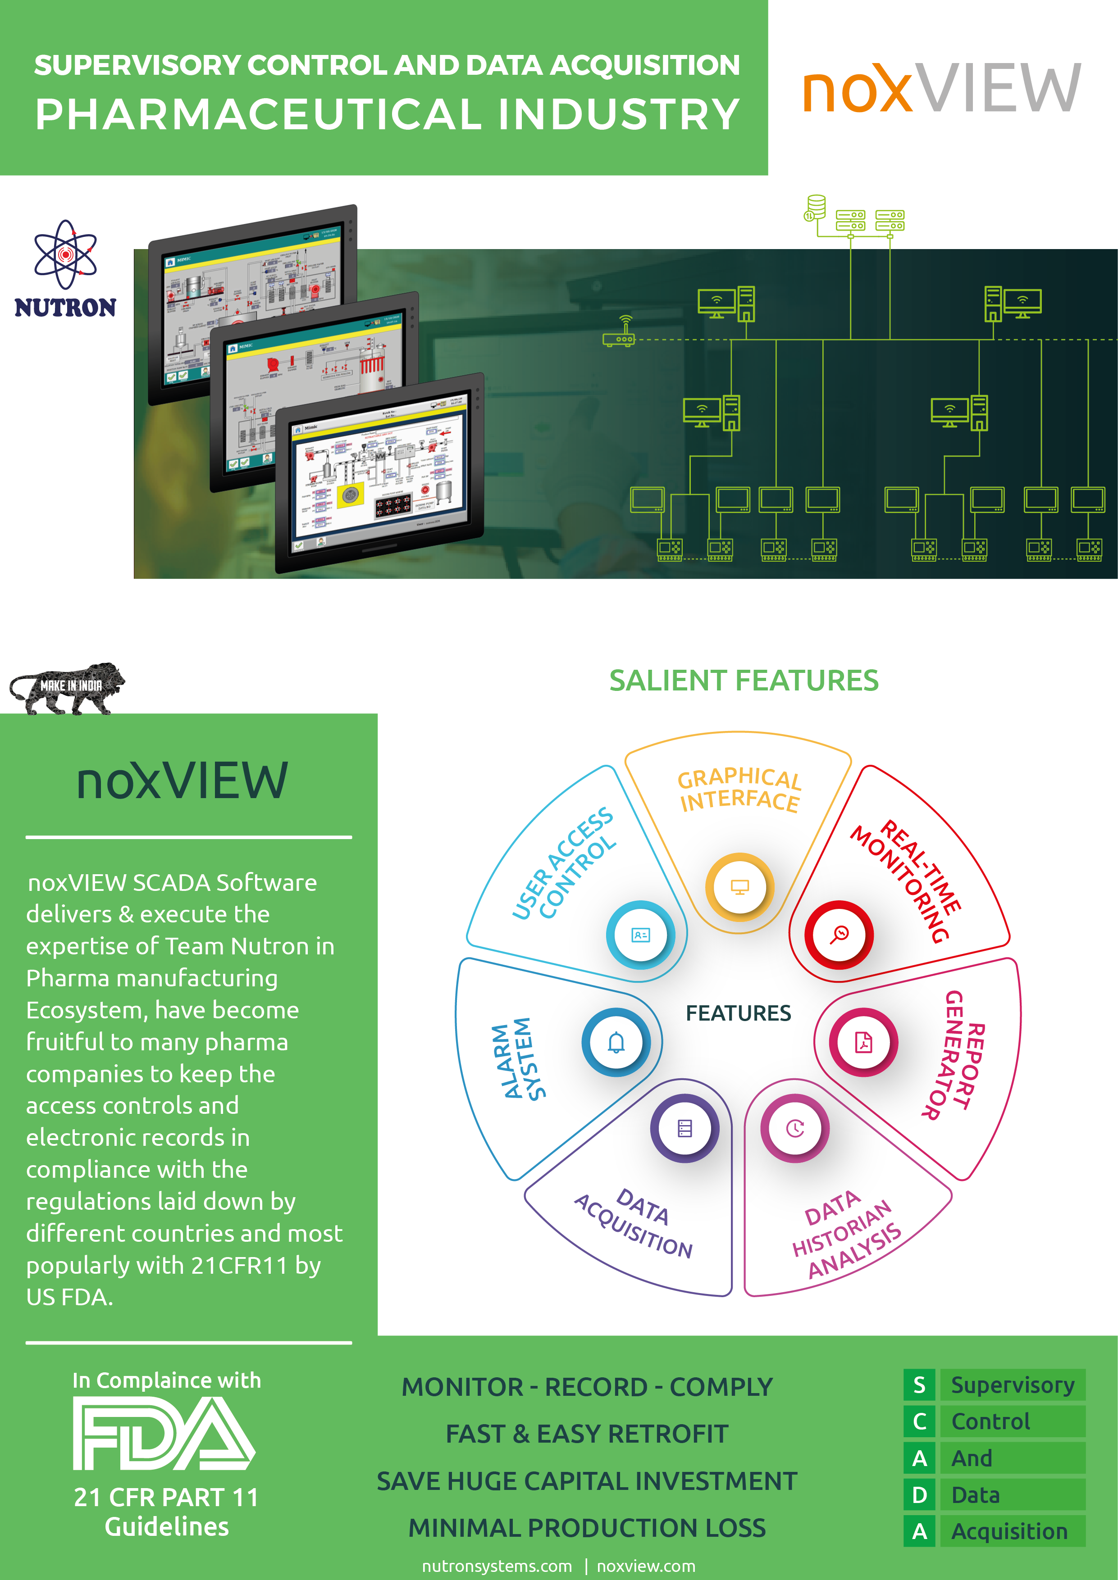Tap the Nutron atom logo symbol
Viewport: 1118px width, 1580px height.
pos(65,254)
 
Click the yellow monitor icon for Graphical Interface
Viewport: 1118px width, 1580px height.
pos(739,887)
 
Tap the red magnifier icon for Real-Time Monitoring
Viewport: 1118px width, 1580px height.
pos(839,935)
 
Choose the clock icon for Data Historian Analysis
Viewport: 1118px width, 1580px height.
pos(795,1129)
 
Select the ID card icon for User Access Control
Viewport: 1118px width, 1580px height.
pos(640,935)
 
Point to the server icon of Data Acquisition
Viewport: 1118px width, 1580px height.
pos(684,1129)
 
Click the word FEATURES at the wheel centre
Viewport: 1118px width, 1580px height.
pos(738,1013)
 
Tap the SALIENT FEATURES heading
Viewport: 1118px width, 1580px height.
pos(744,681)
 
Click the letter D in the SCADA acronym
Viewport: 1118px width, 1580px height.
pos(919,1495)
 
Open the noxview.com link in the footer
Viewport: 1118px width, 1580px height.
pos(646,1566)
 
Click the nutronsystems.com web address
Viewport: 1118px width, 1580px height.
pos(497,1566)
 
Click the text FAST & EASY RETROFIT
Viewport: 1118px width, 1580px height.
pos(587,1434)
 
